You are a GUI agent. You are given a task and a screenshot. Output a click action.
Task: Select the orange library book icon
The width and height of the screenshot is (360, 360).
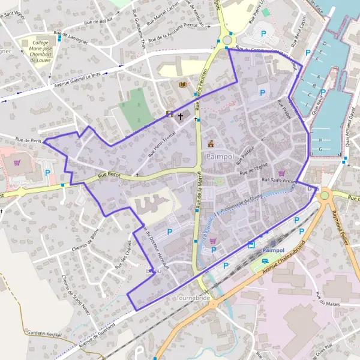pos(183,85)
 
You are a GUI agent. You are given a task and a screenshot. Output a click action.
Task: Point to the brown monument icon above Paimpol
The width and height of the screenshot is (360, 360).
pos(211,143)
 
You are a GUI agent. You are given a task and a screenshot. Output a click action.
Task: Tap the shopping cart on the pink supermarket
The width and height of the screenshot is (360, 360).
pos(17,162)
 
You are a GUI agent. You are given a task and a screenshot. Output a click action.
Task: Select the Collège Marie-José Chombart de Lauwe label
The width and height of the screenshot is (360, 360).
pos(41,50)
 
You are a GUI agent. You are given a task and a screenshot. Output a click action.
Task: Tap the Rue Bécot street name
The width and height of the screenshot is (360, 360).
pos(109,175)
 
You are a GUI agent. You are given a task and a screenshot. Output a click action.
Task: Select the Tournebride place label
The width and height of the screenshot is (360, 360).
pos(191,298)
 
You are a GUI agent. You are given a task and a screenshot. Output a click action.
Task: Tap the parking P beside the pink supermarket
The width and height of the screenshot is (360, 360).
pos(47,172)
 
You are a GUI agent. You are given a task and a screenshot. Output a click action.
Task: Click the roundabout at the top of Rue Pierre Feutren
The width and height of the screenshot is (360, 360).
pos(227,40)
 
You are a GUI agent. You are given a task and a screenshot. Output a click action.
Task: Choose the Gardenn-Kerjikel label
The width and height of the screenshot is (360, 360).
pos(44,334)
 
